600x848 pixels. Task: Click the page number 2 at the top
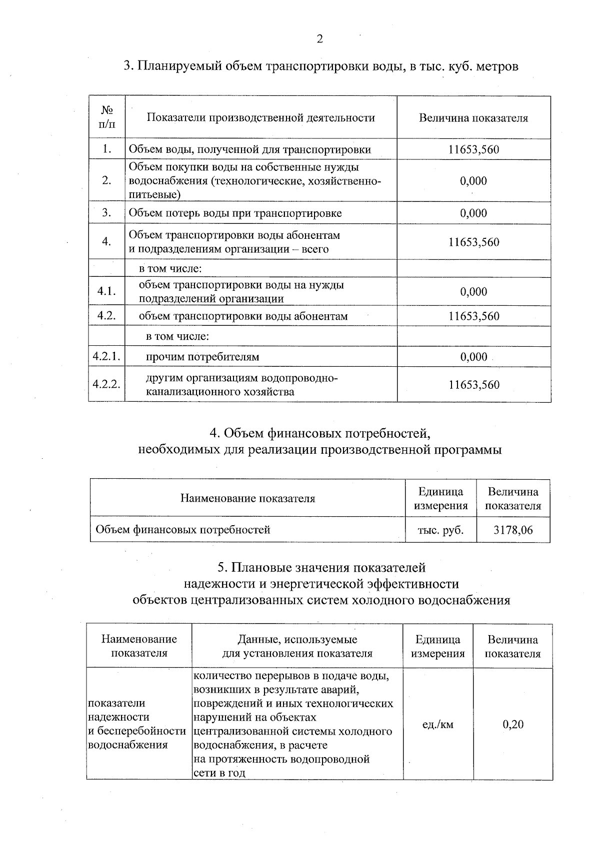tap(319, 39)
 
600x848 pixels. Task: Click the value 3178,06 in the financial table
tap(513, 530)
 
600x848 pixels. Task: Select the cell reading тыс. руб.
tap(440, 530)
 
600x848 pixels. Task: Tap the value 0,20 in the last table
tap(513, 724)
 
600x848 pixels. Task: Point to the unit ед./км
tap(437, 724)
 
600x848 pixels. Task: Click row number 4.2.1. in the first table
tap(106, 356)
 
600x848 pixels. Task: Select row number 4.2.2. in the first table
tap(106, 384)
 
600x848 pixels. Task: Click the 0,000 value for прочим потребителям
tap(473, 356)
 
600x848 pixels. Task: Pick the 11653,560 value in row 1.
tap(473, 149)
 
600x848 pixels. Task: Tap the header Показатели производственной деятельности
tap(260, 118)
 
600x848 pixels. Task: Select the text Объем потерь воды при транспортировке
tap(235, 213)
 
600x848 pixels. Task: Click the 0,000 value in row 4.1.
tap(473, 291)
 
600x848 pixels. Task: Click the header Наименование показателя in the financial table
tap(247, 498)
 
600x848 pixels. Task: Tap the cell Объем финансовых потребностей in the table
tap(182, 530)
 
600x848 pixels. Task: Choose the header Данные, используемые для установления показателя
tap(297, 646)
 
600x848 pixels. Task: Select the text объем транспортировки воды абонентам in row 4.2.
tap(243, 316)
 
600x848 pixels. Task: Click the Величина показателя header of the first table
tap(473, 118)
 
